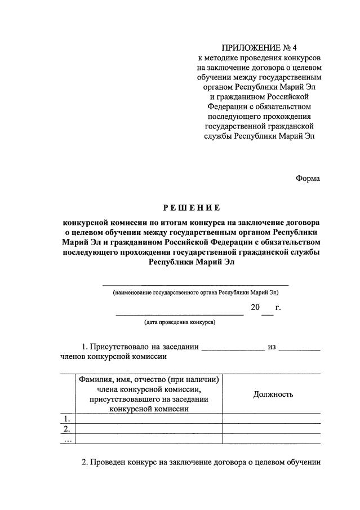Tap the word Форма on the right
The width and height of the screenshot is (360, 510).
click(308, 178)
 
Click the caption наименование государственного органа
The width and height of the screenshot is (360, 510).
click(195, 293)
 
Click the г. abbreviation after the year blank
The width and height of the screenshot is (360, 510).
click(278, 308)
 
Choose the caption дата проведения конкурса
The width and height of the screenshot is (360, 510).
click(179, 322)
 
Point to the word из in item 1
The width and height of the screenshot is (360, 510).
click(272, 347)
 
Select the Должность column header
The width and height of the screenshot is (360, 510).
click(273, 394)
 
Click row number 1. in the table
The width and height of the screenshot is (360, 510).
click(67, 418)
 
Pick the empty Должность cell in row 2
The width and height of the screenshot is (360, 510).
click(273, 429)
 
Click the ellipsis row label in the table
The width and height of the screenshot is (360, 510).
click(67, 439)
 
